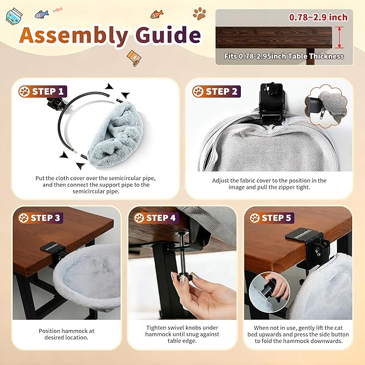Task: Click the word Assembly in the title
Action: (x=74, y=35)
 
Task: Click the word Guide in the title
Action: (x=168, y=34)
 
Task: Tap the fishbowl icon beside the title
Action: (x=14, y=16)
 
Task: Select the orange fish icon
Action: (x=156, y=15)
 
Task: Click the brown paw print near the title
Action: (x=199, y=13)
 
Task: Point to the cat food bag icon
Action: (x=134, y=58)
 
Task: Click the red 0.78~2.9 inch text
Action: (x=318, y=17)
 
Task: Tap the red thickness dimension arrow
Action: (x=339, y=38)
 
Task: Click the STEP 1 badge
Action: (x=43, y=91)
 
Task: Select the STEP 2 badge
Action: (x=217, y=91)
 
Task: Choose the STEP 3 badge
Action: (x=40, y=218)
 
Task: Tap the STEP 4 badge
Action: (x=156, y=218)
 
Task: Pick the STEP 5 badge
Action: (x=271, y=218)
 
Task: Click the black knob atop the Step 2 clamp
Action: (x=271, y=88)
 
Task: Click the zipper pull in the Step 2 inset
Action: (x=321, y=114)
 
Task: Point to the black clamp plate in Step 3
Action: (x=52, y=247)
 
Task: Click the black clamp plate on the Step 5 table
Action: (x=303, y=235)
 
